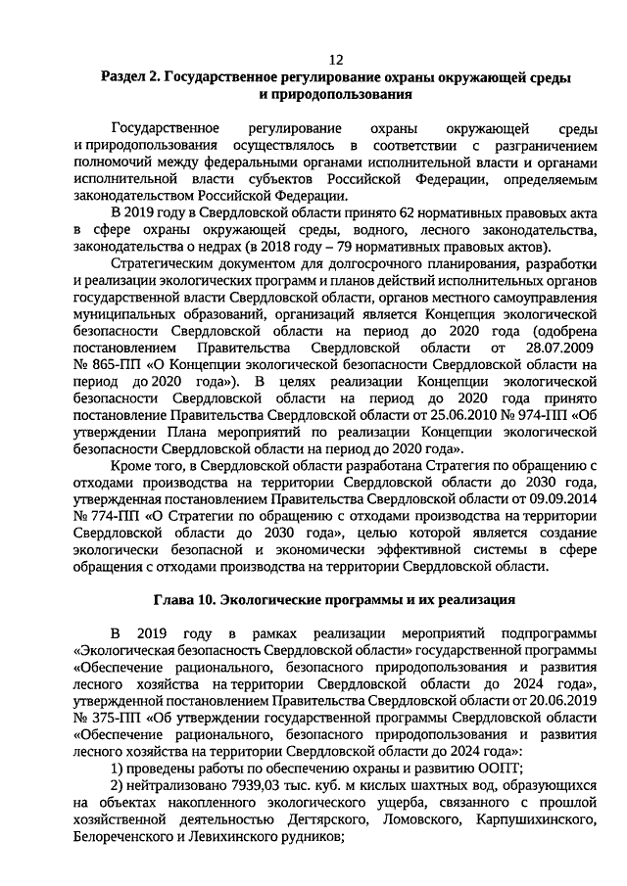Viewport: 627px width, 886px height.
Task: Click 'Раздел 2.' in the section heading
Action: (x=132, y=75)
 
